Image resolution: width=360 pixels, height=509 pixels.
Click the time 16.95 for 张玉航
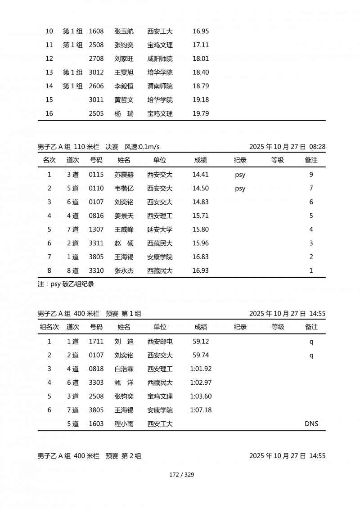click(x=200, y=32)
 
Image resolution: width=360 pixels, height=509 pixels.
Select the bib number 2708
click(x=96, y=59)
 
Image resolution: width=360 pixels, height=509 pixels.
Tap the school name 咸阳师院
click(x=160, y=59)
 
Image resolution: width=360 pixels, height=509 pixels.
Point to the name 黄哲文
click(x=124, y=100)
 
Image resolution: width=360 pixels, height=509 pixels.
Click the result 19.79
click(x=200, y=114)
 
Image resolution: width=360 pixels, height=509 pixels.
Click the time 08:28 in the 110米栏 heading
click(x=318, y=147)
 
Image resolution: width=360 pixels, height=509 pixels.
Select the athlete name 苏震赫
click(x=124, y=175)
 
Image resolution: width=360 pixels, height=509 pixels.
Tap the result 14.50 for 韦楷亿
click(x=200, y=189)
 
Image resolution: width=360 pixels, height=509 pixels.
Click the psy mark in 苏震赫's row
click(x=240, y=175)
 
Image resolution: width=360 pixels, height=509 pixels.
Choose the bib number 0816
click(x=96, y=216)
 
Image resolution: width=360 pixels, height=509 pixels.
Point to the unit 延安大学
click(x=160, y=230)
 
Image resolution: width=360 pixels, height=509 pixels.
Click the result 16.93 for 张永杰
click(x=200, y=271)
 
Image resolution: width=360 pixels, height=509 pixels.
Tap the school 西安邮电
click(x=160, y=342)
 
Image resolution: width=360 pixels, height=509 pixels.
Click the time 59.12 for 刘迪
click(x=200, y=342)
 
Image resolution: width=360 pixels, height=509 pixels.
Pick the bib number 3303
click(x=96, y=383)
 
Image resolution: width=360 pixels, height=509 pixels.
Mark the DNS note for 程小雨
click(x=311, y=424)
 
